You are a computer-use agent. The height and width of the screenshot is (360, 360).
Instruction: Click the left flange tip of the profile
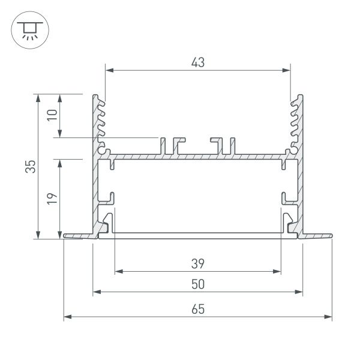click(x=65, y=237)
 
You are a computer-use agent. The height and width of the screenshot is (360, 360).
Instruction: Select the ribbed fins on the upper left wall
click(x=100, y=123)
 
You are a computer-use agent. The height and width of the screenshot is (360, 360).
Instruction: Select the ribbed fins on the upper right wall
click(x=295, y=123)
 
